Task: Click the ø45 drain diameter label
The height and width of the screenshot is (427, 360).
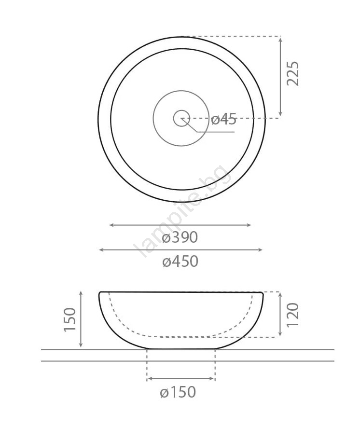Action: pos(223,119)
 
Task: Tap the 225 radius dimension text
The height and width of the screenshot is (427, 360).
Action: pos(293,73)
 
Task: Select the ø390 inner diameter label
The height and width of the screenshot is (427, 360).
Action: pos(180,237)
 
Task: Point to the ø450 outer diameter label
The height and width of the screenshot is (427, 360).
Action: pos(180,262)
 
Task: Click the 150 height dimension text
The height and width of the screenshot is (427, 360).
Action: pos(69,319)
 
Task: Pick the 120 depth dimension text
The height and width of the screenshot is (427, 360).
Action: pos(293,315)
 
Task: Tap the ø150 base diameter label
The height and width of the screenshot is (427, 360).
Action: pos(178,392)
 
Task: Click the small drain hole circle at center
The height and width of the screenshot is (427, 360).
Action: pos(181,118)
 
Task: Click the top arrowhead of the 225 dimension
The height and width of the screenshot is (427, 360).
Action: pos(280,39)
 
